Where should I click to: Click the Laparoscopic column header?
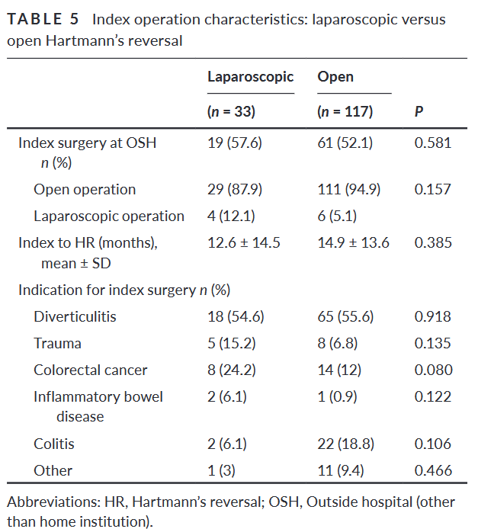(x=250, y=77)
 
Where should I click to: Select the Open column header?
(x=335, y=77)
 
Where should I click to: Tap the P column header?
(x=419, y=111)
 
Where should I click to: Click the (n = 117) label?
(x=345, y=111)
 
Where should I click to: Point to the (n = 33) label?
(x=231, y=111)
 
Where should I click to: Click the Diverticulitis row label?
(x=75, y=317)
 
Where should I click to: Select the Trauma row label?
(x=57, y=344)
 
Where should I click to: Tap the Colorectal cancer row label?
(x=91, y=370)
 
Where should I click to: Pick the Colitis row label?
(x=54, y=444)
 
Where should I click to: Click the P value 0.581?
(x=433, y=143)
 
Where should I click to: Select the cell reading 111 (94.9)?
(x=349, y=189)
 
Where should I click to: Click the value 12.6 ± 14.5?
(x=243, y=243)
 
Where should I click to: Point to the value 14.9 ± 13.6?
(x=353, y=243)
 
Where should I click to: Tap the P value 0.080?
(x=434, y=370)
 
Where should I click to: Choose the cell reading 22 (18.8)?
(x=346, y=444)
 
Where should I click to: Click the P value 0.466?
(x=433, y=470)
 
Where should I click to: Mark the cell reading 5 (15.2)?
(x=232, y=344)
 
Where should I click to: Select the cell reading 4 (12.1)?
(x=231, y=216)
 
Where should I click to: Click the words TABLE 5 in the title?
(x=43, y=19)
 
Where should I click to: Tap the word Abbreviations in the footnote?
(x=53, y=502)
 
